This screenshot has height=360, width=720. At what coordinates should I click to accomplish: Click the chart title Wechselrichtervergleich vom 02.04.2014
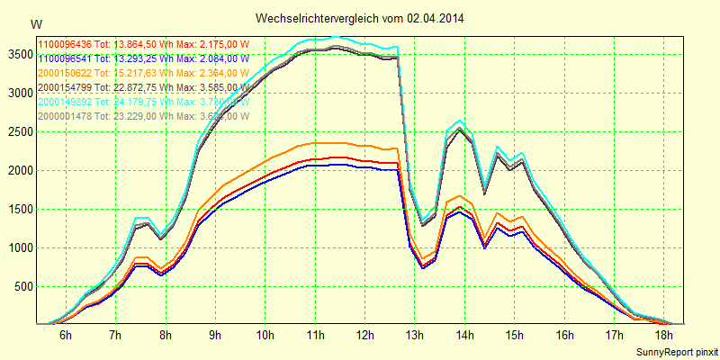[360, 18]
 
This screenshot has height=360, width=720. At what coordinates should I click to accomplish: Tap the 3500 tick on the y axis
[18, 54]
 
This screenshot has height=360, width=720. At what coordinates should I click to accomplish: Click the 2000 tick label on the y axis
[18, 170]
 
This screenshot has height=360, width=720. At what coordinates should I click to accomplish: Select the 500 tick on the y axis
[22, 286]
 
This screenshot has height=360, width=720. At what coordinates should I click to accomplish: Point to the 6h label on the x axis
[65, 336]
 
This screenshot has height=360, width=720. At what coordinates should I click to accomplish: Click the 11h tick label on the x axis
[315, 336]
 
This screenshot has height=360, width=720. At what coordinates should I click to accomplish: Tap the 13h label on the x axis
[415, 336]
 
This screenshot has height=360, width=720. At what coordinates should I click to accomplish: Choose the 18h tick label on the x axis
[665, 336]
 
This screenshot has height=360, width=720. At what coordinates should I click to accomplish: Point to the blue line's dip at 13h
[423, 267]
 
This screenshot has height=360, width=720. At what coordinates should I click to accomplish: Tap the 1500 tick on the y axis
[18, 209]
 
